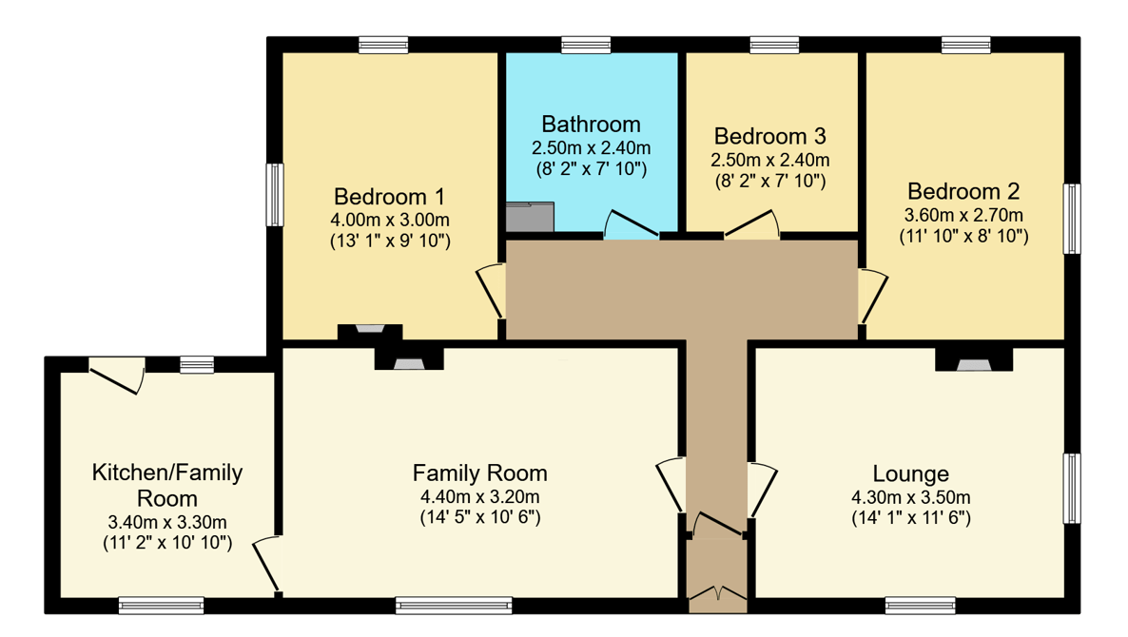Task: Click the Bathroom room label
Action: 591,125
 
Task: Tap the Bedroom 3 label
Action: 769,136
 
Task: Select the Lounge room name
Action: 911,473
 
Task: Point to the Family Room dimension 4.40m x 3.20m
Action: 480,497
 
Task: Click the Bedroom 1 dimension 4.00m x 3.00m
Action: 390,220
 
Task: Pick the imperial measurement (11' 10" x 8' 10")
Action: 964,236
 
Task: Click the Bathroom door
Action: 631,223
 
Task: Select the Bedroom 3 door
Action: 751,223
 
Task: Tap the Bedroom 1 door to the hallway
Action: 490,291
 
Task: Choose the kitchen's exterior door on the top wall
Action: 117,376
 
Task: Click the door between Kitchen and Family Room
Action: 267,565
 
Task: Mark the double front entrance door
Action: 717,593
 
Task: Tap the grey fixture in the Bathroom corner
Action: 530,217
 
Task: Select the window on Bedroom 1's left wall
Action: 275,195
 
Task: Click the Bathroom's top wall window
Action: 586,45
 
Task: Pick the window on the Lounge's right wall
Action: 1072,488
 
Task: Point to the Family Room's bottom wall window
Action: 454,606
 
